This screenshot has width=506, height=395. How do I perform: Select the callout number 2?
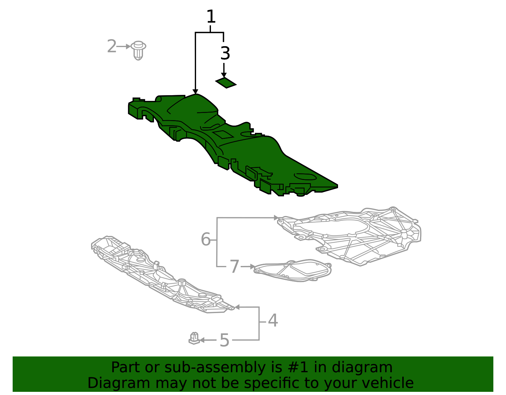[x=112, y=46]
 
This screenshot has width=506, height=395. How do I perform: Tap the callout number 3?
[x=225, y=53]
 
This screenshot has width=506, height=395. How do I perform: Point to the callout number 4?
[x=273, y=321]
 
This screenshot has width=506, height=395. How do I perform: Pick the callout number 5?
[x=224, y=340]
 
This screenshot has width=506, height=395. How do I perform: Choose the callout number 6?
[x=206, y=239]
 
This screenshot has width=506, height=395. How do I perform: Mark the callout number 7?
[x=234, y=267]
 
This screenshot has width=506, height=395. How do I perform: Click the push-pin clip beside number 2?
[x=139, y=50]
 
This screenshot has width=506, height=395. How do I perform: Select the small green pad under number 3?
[x=226, y=83]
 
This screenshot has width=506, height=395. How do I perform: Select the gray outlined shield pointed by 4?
[x=158, y=275]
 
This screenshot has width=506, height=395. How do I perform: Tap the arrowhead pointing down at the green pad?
[x=224, y=75]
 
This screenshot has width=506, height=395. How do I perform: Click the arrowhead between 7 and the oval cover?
[x=252, y=267]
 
